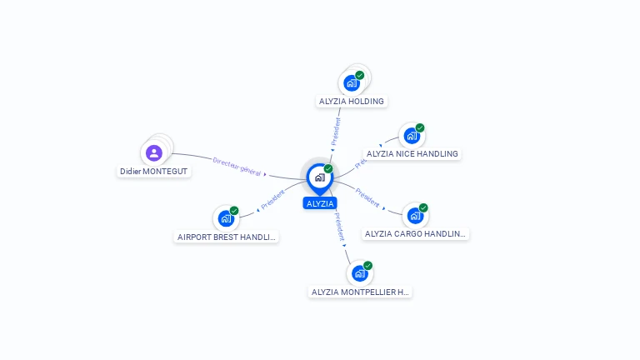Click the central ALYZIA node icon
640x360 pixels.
point(319,177)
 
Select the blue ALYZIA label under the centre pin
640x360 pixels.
point(320,203)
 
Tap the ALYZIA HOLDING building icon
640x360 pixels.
point(352,83)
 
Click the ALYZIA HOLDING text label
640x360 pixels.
point(352,102)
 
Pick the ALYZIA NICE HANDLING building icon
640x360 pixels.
point(412,136)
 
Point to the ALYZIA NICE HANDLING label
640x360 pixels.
point(412,154)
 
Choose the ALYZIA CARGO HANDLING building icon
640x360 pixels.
point(415,216)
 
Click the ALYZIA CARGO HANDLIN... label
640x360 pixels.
point(416,234)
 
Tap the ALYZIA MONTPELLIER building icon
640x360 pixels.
point(359,273)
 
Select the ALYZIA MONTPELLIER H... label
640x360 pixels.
point(360,292)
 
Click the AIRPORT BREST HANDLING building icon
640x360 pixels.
point(226,218)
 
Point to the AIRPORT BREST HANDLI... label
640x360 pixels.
point(227,237)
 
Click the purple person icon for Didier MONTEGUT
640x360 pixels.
point(153,152)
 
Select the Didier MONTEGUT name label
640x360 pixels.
point(153,172)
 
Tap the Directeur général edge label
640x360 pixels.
point(237,166)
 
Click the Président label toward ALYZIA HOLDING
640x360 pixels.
point(337,132)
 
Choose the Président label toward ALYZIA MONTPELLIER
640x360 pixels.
point(339,227)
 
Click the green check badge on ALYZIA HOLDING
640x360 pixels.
point(360,75)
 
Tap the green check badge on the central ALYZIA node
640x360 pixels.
point(328,168)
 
